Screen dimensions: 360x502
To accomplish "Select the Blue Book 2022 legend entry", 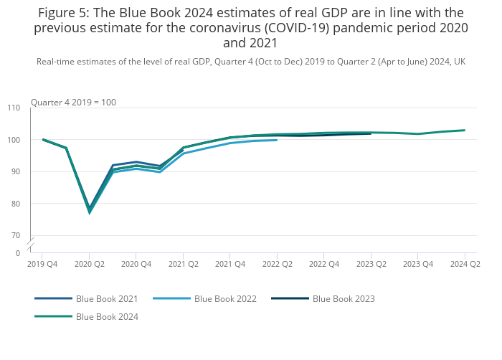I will click(x=225, y=298).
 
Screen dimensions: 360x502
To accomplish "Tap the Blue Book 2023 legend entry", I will click(x=344, y=298).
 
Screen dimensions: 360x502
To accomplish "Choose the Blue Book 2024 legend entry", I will click(x=107, y=316).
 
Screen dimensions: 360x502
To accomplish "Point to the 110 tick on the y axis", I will click(x=14, y=108).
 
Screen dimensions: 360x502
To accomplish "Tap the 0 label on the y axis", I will click(x=18, y=253).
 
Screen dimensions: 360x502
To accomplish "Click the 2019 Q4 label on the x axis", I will click(x=42, y=265).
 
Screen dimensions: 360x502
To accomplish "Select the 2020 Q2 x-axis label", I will click(x=90, y=265).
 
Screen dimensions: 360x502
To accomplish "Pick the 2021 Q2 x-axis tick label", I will click(x=183, y=265).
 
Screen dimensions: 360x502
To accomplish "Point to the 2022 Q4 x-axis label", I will click(x=323, y=265).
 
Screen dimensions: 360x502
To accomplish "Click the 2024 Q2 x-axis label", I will click(x=465, y=265).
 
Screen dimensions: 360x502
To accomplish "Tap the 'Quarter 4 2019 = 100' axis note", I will click(x=73, y=103).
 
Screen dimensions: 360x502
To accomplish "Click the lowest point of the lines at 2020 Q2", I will click(x=90, y=212).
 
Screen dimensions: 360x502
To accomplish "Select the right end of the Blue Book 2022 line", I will click(x=277, y=140).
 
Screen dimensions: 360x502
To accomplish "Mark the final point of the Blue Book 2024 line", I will click(x=465, y=130).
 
